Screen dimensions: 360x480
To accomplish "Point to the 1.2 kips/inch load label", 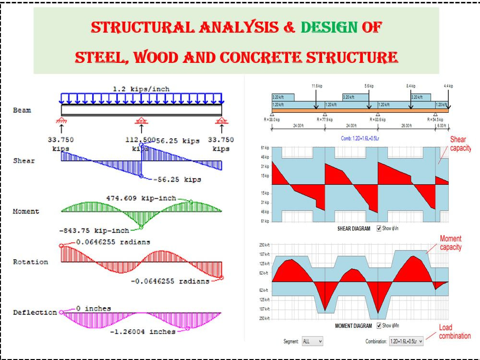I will pyautogui.click(x=141, y=89).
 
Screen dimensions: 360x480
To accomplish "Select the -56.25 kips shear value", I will pyautogui.click(x=177, y=180).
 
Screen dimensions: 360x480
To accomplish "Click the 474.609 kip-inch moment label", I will pyautogui.click(x=141, y=198).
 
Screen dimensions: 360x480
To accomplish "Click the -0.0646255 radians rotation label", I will pyautogui.click(x=170, y=281).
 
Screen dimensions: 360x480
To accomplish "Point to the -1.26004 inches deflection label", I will pyautogui.click(x=143, y=332).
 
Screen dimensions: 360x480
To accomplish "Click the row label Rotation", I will pyautogui.click(x=30, y=262).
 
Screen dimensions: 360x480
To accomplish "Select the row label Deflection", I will pyautogui.click(x=35, y=312).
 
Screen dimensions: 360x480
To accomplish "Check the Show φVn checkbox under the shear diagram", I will pyautogui.click(x=380, y=228).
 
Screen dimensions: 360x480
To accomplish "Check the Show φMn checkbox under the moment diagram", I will pyautogui.click(x=380, y=326).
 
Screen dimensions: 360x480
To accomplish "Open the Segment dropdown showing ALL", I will pyautogui.click(x=312, y=341).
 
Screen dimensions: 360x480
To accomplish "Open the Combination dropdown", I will pyautogui.click(x=406, y=341).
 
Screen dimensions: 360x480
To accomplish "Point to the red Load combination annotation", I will pyautogui.click(x=454, y=332).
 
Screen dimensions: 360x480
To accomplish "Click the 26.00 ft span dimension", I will pyautogui.click(x=406, y=126).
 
